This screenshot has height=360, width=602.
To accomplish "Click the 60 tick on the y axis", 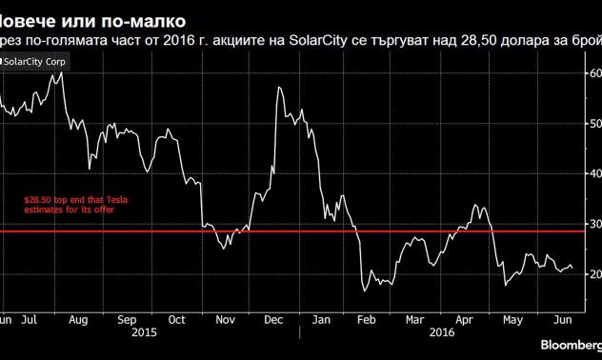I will click(x=592, y=73).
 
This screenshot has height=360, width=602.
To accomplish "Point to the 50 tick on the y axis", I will click(x=592, y=124).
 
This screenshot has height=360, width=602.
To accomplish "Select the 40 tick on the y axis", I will click(x=592, y=173).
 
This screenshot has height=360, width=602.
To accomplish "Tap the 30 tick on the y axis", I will click(x=592, y=224).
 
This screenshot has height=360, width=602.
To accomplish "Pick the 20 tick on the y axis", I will click(x=592, y=274).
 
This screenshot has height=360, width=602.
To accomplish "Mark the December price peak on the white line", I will click(x=278, y=89).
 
